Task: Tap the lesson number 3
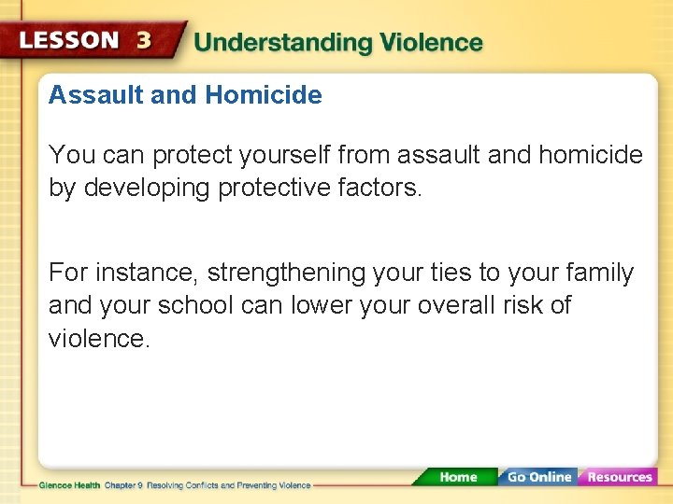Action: pyautogui.click(x=144, y=41)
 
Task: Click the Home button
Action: pyautogui.click(x=458, y=477)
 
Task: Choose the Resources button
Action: pyautogui.click(x=619, y=477)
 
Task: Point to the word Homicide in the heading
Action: pyautogui.click(x=264, y=95)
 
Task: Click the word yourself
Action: pyautogui.click(x=285, y=155)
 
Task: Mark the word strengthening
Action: pyautogui.click(x=286, y=273)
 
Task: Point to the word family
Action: pyautogui.click(x=597, y=273)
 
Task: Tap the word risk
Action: pyautogui.click(x=519, y=306)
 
